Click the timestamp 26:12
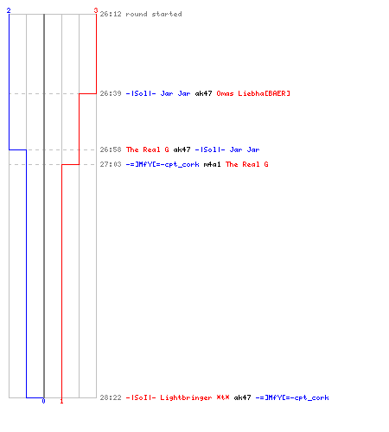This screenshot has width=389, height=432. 111,14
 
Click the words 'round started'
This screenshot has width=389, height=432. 154,14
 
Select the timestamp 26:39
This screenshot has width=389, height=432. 111,93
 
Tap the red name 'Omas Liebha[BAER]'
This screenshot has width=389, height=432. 253,93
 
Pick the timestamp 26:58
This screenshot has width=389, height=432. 111,149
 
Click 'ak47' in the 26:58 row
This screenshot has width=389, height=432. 182,149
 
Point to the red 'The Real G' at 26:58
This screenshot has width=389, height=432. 148,149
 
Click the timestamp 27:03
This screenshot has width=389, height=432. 111,164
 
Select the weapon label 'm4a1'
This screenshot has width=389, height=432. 212,164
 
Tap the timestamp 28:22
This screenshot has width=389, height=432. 111,397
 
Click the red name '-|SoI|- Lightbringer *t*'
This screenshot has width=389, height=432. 177,397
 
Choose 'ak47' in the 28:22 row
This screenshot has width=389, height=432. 242,397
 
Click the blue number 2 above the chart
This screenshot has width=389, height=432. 9,10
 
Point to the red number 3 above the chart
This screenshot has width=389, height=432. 96,10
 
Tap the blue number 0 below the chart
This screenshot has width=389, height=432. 43,401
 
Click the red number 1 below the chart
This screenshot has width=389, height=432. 61,401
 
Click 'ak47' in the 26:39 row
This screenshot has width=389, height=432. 203,93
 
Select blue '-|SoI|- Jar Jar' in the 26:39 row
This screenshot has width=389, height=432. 158,93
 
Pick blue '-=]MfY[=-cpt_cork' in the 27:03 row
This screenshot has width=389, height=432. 163,164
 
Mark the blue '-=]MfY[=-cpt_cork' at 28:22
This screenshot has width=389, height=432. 292,397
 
